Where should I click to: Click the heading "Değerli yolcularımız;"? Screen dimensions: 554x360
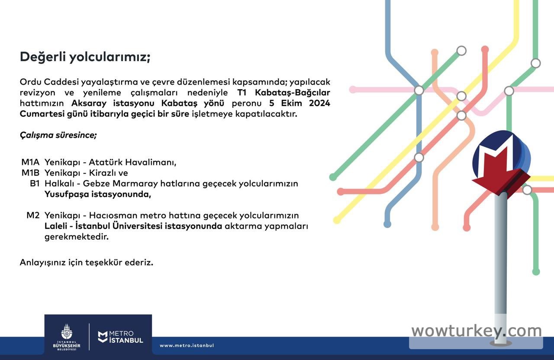tap(85, 57)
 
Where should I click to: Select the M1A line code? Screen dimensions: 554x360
tap(30, 162)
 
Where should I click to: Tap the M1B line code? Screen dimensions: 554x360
tap(30, 173)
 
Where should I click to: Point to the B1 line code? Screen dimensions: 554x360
tap(35, 183)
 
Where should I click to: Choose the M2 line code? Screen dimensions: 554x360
tap(33, 215)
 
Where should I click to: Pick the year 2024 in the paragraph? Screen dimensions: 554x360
tap(319, 103)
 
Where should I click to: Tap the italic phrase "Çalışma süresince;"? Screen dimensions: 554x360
tap(58, 135)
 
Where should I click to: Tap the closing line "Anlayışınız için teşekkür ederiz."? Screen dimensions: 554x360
tap(87, 263)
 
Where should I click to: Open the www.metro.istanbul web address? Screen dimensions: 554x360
tap(187, 345)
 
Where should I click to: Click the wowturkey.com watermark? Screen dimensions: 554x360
tap(477, 331)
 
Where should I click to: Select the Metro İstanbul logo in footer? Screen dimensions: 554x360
tap(120, 337)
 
